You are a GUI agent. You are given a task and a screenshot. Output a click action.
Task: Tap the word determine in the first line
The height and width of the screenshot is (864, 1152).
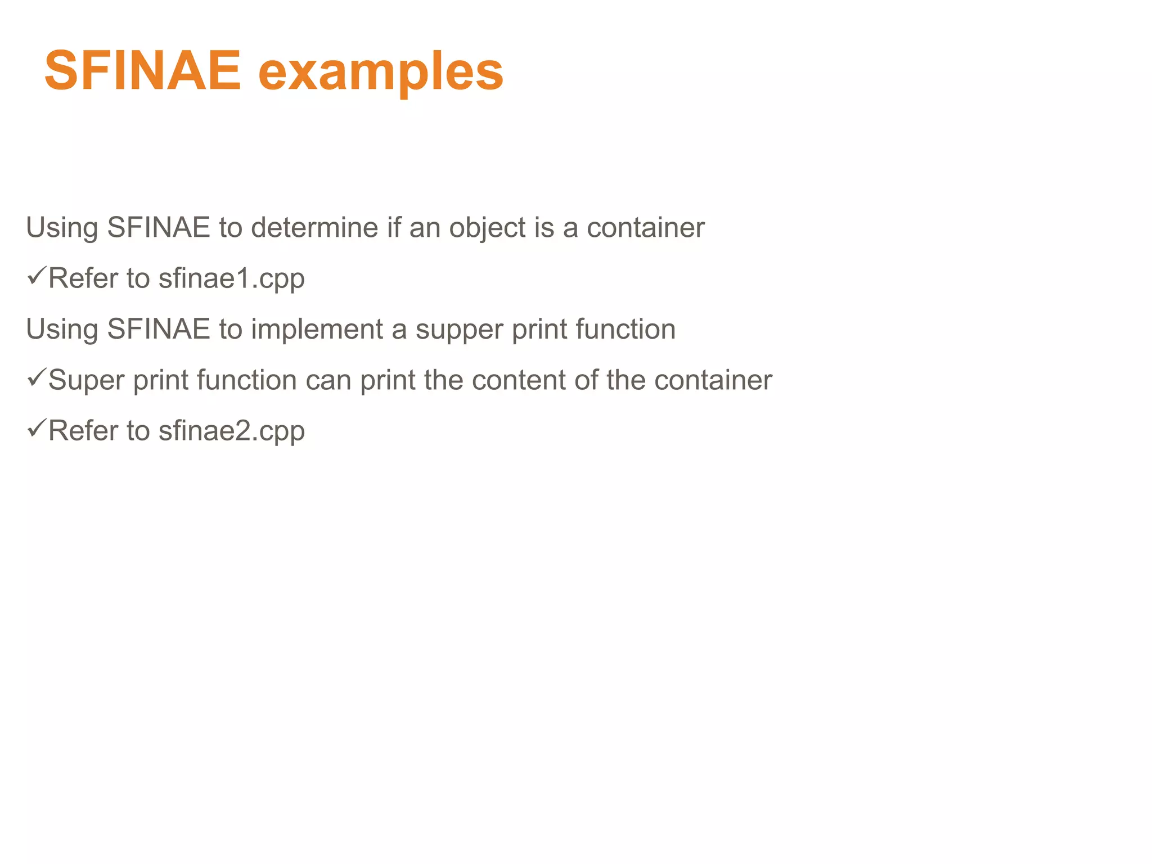click(314, 228)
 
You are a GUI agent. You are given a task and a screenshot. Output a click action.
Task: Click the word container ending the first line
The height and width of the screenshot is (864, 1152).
click(645, 228)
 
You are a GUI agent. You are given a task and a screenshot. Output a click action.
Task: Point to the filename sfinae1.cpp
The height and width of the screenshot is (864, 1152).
click(231, 279)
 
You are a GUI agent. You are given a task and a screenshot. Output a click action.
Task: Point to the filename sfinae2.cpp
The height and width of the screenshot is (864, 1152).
click(231, 431)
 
